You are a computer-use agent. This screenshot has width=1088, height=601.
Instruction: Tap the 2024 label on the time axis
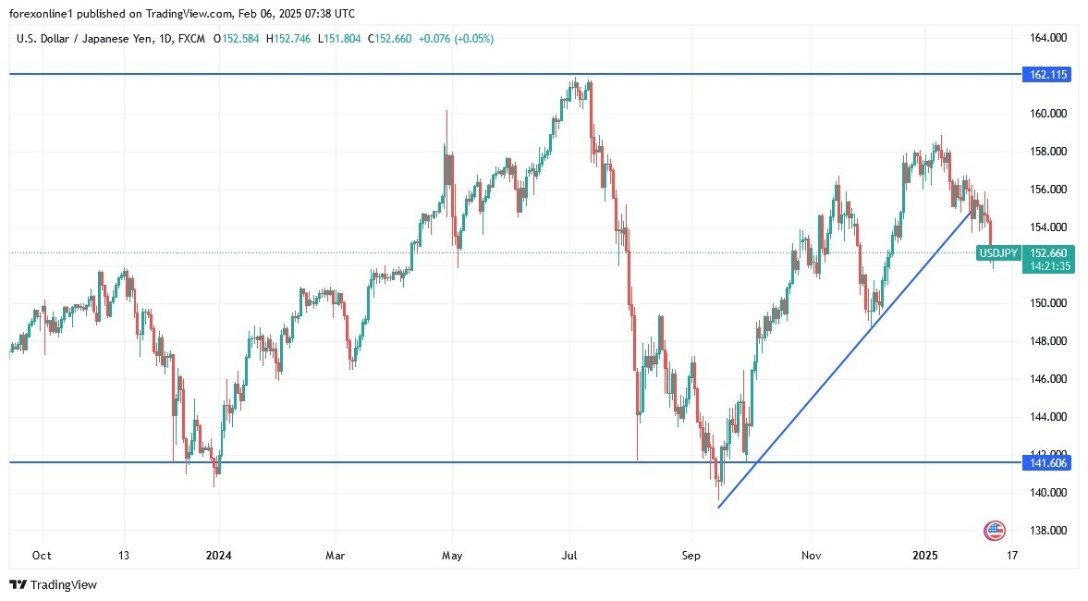pos(219,556)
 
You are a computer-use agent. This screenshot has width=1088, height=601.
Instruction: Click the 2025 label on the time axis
pos(925,556)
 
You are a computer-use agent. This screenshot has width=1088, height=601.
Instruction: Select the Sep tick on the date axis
pos(692,556)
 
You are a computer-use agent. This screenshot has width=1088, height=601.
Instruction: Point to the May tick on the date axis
pos(452,556)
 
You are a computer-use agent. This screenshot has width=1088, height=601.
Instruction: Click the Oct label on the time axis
pos(41,556)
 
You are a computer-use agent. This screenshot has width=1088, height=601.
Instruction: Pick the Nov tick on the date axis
pos(811,556)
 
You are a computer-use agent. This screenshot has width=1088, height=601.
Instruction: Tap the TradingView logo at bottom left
pos(53,584)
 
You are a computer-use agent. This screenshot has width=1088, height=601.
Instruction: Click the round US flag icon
pos(995,531)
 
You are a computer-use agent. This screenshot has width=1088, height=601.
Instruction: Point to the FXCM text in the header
pos(192,39)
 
